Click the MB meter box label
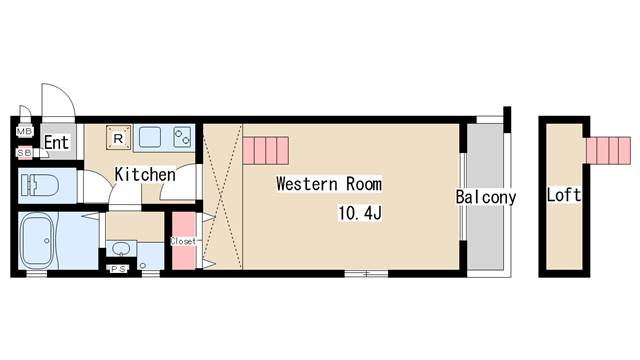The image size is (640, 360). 24,131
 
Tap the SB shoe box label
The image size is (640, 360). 24,153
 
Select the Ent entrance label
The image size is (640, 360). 57,142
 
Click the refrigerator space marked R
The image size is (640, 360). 118,138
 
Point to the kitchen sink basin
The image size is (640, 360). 150,137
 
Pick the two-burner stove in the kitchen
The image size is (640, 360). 182,137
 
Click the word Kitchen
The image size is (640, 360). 145,174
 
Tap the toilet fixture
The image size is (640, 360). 40,185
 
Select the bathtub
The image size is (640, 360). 40,241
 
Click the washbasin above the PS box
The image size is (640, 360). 121,249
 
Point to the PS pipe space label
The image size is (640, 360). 119,269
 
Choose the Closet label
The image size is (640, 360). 183,241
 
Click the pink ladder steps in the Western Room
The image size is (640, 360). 266,151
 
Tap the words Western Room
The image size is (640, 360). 329,184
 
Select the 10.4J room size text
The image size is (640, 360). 360,213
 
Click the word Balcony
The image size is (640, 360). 486,197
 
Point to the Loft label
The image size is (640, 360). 564,195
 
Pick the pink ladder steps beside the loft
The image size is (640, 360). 609,151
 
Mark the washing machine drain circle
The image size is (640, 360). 143,266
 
